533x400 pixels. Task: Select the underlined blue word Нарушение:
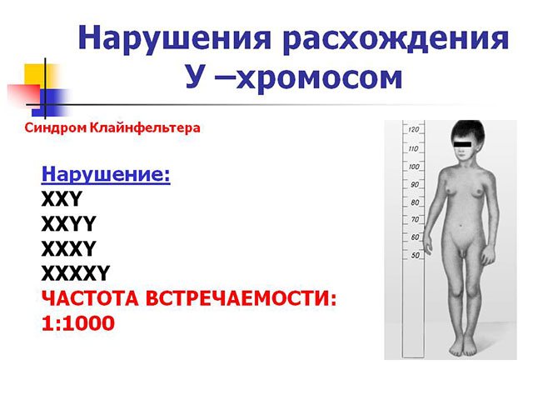[106, 175]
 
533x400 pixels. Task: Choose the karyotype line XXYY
[68, 223]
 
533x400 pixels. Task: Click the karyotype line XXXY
[69, 247]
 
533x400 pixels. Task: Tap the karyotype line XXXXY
[76, 272]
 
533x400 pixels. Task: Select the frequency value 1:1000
[77, 322]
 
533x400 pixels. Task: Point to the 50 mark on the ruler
[416, 255]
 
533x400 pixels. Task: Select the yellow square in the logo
[39, 76]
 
